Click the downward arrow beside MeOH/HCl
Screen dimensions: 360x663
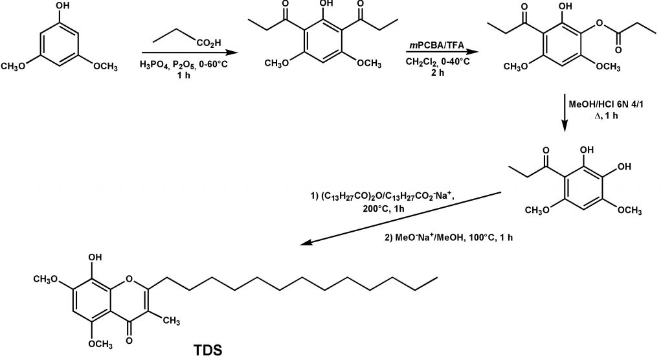point(565,113)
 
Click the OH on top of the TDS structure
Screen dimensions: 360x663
point(95,257)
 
